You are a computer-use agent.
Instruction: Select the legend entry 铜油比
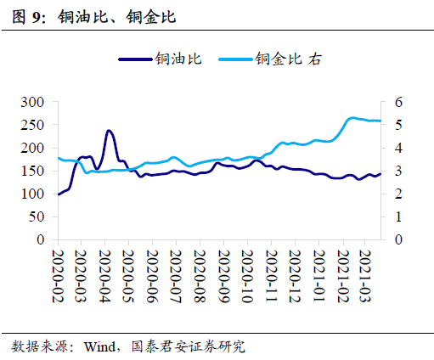point(177,59)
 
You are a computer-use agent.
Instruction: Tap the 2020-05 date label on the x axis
point(129,271)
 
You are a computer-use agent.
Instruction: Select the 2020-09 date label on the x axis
point(223,271)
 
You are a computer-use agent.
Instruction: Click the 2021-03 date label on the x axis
point(365,271)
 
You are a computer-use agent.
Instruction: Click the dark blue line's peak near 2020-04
point(109,131)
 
